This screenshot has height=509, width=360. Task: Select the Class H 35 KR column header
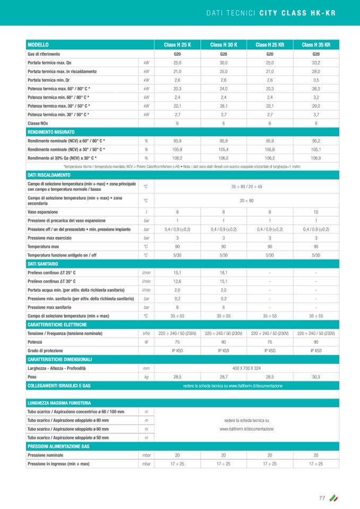tap(316, 45)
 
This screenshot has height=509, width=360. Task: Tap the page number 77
tap(322, 498)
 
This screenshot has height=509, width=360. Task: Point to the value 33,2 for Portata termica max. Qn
tap(316, 63)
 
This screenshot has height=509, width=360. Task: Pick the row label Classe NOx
tap(37, 123)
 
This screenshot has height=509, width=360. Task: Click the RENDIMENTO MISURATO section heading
tap(51, 131)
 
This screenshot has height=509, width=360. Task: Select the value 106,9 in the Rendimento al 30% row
tap(316, 158)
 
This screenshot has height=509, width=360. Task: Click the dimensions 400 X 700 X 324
tap(246, 368)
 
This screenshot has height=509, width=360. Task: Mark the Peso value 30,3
tap(316, 376)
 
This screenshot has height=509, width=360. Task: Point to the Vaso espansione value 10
tap(316, 212)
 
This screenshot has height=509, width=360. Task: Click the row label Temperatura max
tap(43, 246)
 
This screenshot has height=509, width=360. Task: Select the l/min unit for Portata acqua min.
tap(146, 290)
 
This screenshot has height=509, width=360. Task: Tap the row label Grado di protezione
tap(45, 350)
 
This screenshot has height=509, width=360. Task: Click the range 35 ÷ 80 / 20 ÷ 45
tap(246, 186)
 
